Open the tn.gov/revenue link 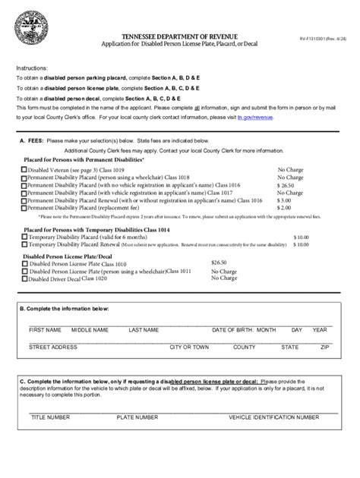(254, 118)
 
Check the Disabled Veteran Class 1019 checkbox (24, 171)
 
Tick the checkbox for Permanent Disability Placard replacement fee (24, 207)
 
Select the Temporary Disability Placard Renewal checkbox (24, 244)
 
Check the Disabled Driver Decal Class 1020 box (24, 278)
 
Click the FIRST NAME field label (45, 331)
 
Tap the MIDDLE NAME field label (90, 331)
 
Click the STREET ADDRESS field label (53, 347)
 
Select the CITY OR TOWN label (189, 347)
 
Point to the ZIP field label (324, 347)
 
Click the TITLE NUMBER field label (50, 417)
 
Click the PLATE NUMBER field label (137, 417)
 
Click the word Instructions (32, 68)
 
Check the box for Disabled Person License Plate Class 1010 (24, 263)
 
